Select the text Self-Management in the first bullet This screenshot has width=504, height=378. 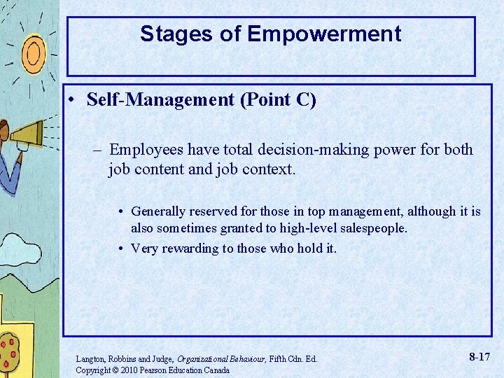[x=160, y=100]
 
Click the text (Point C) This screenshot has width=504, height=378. [x=278, y=100]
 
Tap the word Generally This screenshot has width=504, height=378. [x=158, y=211]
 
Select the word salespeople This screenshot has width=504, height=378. [x=372, y=228]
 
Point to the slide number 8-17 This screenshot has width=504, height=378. [x=479, y=357]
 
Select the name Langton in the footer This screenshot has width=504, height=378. [x=90, y=359]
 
